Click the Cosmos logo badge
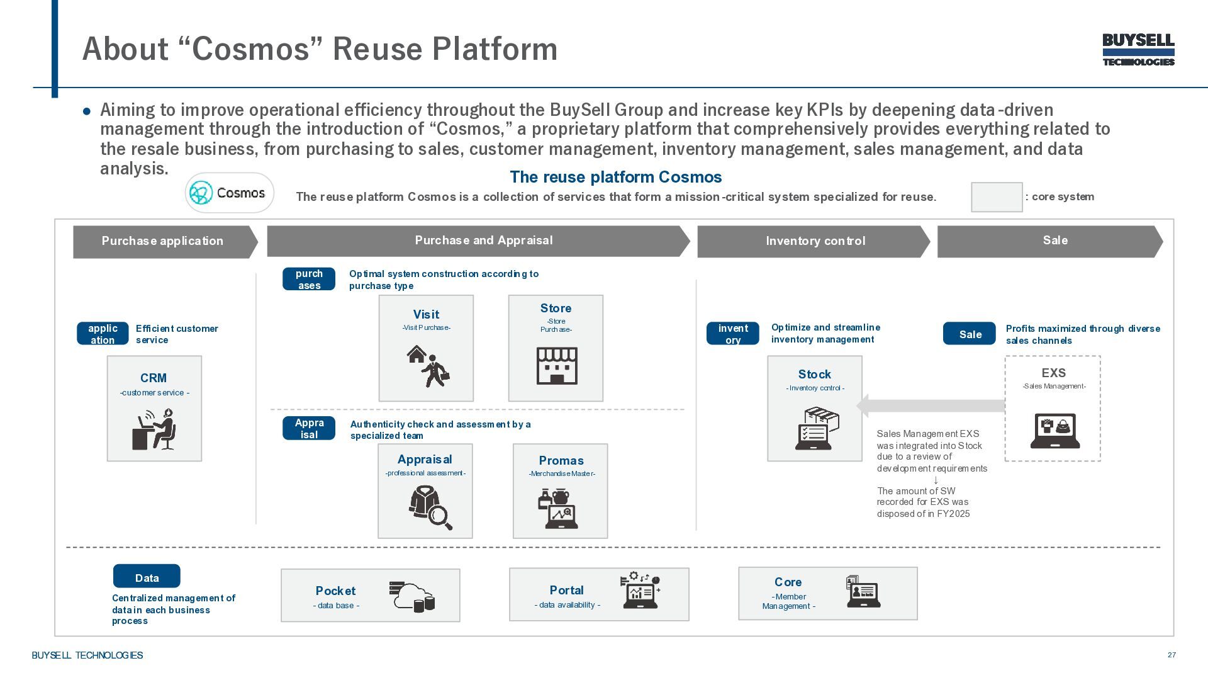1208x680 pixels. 230,193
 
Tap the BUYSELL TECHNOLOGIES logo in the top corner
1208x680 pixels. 1138,50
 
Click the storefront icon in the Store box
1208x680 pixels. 556,365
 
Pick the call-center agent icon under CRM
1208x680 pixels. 154,429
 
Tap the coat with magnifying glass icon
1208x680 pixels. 430,507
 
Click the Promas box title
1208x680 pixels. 561,460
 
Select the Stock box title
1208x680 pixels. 814,374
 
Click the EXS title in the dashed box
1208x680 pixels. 1053,373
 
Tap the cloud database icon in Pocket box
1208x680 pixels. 412,596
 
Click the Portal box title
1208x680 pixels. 566,590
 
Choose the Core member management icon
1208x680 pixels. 863,592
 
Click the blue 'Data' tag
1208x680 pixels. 147,577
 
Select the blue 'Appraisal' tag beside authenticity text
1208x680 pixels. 309,428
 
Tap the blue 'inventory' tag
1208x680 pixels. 733,334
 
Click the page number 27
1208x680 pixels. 1172,655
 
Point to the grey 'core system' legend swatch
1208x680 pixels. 997,197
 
